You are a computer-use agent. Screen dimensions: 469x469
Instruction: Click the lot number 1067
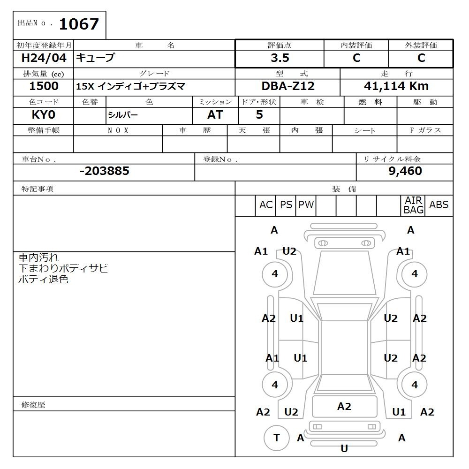point(78,24)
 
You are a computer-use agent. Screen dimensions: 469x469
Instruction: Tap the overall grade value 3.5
point(280,58)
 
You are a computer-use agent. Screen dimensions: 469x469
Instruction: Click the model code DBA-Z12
point(288,86)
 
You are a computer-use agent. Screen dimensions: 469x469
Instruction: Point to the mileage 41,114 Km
point(396,86)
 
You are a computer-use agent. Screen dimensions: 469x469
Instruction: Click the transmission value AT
point(215,115)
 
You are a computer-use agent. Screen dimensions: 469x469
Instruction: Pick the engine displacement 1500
point(44,86)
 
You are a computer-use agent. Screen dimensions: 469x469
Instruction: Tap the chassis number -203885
point(104,171)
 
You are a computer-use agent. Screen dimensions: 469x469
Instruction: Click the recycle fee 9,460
point(405,171)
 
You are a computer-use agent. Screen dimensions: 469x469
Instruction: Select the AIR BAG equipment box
point(413,205)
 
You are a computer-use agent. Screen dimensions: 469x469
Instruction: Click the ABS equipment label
point(439,205)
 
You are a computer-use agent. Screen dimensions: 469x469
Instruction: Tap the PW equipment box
point(306,205)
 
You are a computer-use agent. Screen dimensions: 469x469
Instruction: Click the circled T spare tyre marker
point(276,438)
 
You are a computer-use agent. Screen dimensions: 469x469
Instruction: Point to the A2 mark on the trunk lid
point(344,407)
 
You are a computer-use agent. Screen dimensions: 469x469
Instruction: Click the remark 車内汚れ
point(38,257)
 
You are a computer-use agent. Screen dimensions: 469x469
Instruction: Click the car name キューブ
point(95,58)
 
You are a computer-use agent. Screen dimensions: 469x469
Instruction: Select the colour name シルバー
point(123,115)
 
